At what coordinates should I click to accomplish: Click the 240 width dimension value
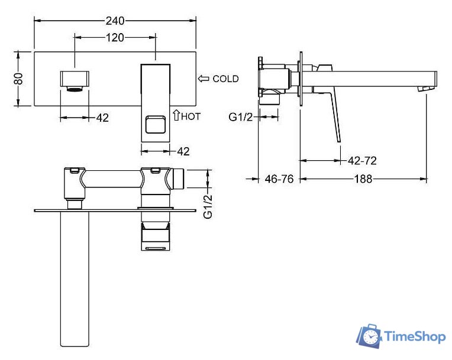click(115, 21)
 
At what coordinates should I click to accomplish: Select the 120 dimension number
click(115, 37)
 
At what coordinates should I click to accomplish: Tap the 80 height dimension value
click(18, 79)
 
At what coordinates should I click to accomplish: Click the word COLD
click(225, 79)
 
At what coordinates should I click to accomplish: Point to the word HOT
click(191, 116)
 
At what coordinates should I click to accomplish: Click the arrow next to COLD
click(204, 79)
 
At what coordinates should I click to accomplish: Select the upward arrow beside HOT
click(176, 115)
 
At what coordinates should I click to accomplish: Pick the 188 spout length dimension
click(363, 179)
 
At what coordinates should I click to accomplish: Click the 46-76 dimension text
click(279, 179)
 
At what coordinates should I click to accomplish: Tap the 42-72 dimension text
click(362, 160)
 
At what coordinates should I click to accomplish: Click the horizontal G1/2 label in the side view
click(240, 117)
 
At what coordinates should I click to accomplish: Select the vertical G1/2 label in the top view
click(208, 206)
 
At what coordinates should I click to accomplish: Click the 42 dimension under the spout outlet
click(102, 118)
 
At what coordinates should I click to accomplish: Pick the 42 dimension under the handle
click(183, 151)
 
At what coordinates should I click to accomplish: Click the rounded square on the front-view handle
click(156, 124)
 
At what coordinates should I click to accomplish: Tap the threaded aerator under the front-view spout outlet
click(75, 89)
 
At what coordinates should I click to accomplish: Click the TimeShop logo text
click(415, 336)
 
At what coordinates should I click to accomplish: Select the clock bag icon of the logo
click(370, 336)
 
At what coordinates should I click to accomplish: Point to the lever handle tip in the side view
click(339, 141)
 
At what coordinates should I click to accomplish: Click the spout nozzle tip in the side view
click(426, 89)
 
